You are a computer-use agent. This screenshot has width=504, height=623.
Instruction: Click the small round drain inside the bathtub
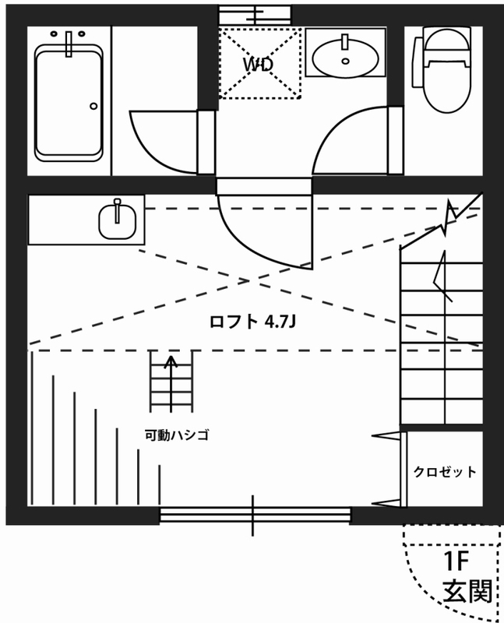click(x=93, y=106)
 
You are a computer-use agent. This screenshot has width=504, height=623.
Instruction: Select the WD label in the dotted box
click(x=259, y=65)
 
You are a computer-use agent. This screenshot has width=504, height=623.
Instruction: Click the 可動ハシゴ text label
click(x=177, y=435)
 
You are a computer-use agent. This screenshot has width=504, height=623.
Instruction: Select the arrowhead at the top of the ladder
click(x=171, y=360)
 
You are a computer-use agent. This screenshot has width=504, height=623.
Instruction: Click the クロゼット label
click(x=445, y=472)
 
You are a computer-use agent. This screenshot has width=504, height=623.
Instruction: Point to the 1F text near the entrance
click(x=460, y=561)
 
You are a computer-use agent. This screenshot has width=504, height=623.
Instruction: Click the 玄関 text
click(x=467, y=593)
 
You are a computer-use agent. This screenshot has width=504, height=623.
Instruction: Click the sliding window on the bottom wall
click(x=254, y=515)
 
